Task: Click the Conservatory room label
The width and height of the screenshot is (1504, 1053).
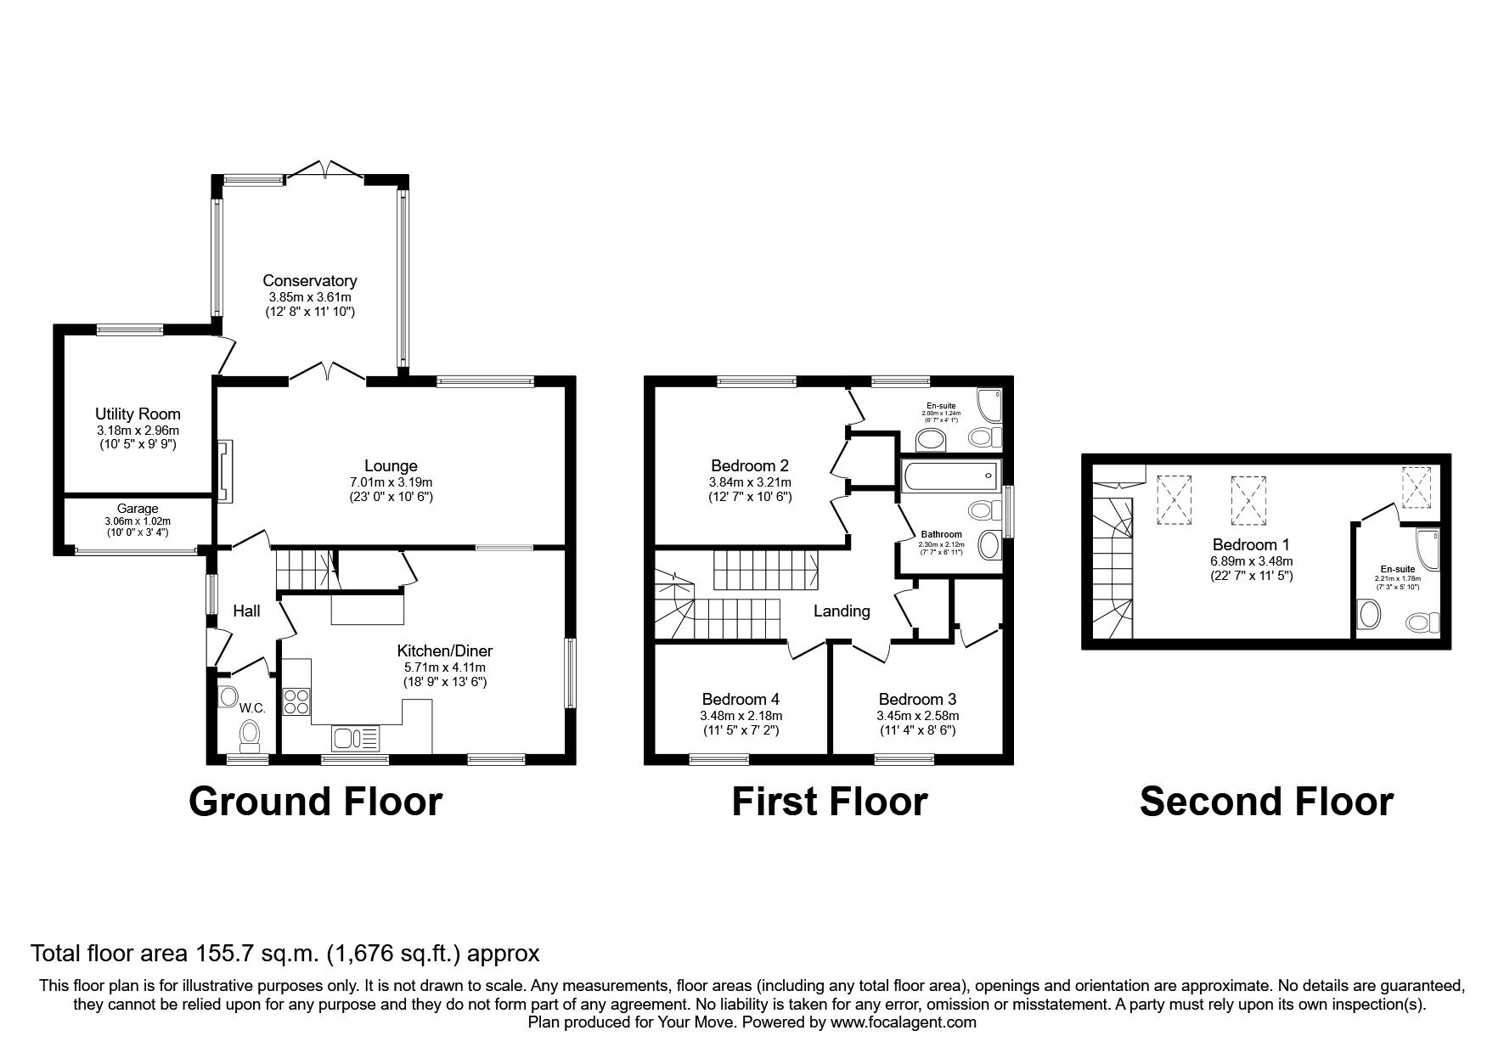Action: pyautogui.click(x=309, y=280)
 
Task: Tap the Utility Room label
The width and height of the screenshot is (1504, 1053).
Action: pyautogui.click(x=138, y=414)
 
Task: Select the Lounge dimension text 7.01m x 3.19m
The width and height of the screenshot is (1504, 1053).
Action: pyautogui.click(x=391, y=481)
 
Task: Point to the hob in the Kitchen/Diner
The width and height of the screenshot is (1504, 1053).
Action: pyautogui.click(x=296, y=701)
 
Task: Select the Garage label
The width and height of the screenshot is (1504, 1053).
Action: pyautogui.click(x=137, y=509)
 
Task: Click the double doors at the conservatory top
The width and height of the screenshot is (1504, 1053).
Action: pyautogui.click(x=325, y=169)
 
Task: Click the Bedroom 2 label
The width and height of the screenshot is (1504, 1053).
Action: pyautogui.click(x=750, y=465)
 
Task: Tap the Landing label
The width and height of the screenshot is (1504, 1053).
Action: pyautogui.click(x=842, y=611)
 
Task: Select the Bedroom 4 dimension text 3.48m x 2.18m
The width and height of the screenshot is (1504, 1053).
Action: pyautogui.click(x=741, y=715)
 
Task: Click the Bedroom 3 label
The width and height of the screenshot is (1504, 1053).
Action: pyautogui.click(x=917, y=699)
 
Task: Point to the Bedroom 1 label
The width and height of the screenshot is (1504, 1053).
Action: pyautogui.click(x=1244, y=544)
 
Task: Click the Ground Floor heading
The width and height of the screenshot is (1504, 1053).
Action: pyautogui.click(x=315, y=801)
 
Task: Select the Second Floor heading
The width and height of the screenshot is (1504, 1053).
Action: pyautogui.click(x=1265, y=801)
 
